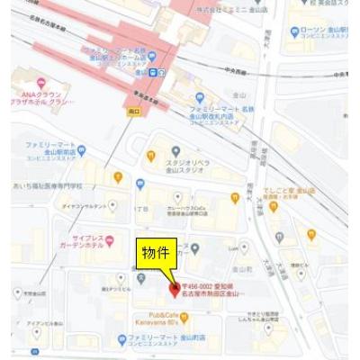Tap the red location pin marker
pyautogui.click(x=175, y=288)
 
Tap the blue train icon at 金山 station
pyautogui.click(x=155, y=72)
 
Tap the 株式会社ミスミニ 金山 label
pyautogui.click(x=228, y=8)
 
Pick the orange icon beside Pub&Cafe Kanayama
pyautogui.click(x=184, y=317)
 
